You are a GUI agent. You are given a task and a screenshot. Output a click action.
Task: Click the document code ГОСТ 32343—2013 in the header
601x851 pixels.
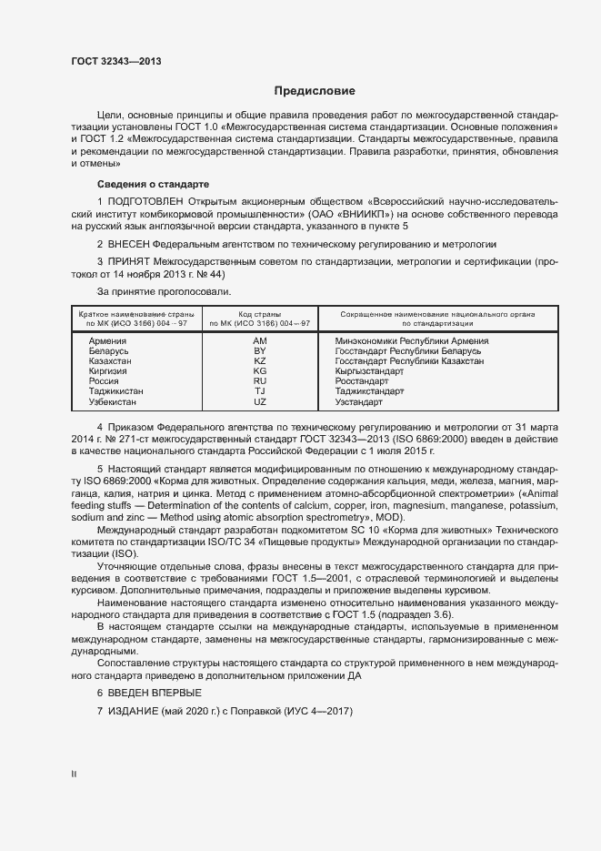116,61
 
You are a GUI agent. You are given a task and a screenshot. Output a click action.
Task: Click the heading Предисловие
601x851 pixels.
315,91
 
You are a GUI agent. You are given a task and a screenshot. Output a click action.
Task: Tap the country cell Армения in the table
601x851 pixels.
107,339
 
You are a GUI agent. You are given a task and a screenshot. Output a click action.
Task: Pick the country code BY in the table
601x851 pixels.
259,350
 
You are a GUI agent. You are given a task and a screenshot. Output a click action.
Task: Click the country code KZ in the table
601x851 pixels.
259,361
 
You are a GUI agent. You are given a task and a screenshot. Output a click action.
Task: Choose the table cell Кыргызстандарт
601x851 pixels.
370,371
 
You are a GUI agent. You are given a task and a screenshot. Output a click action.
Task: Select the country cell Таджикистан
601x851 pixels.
116,391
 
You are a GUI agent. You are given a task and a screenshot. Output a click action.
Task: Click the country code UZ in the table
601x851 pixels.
259,402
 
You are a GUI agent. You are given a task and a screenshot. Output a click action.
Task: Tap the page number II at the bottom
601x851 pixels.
73,775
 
